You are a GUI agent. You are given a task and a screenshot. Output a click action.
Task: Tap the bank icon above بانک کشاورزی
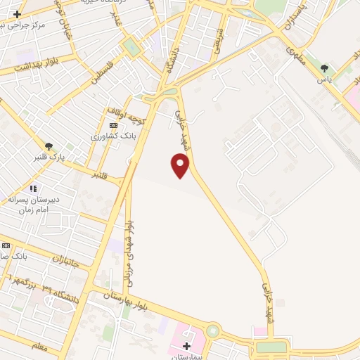coord(113,125)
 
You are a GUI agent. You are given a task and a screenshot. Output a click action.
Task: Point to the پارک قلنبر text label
coord(48,157)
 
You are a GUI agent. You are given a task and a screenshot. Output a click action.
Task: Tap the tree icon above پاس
coord(324,69)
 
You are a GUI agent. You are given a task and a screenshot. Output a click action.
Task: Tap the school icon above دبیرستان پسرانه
coord(32,188)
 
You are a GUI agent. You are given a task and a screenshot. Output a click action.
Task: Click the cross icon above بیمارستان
coord(187,346)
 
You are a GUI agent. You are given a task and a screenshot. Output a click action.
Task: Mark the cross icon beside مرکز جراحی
coord(17,13)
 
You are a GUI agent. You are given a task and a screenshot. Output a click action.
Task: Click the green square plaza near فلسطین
coord(131,48)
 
